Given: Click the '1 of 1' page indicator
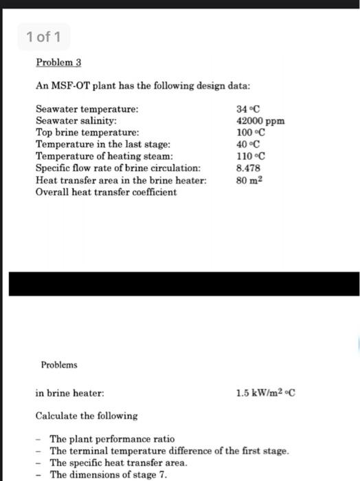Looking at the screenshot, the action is (x=43, y=36).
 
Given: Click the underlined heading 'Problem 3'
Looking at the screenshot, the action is (x=58, y=63).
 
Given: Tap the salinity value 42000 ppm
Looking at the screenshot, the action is (x=260, y=121).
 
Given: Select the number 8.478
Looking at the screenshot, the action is (x=247, y=168).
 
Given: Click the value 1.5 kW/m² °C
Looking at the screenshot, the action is (x=265, y=394).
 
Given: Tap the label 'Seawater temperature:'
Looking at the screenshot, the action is (x=87, y=109).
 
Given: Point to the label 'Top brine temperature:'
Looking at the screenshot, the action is (x=87, y=133).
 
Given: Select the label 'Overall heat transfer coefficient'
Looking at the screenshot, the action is (x=106, y=192).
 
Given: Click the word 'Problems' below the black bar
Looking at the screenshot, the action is (x=59, y=365).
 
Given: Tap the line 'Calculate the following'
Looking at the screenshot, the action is (x=87, y=416).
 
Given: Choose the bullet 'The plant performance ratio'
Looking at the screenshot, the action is (x=112, y=438).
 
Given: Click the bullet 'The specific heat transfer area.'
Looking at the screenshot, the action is (x=118, y=462).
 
